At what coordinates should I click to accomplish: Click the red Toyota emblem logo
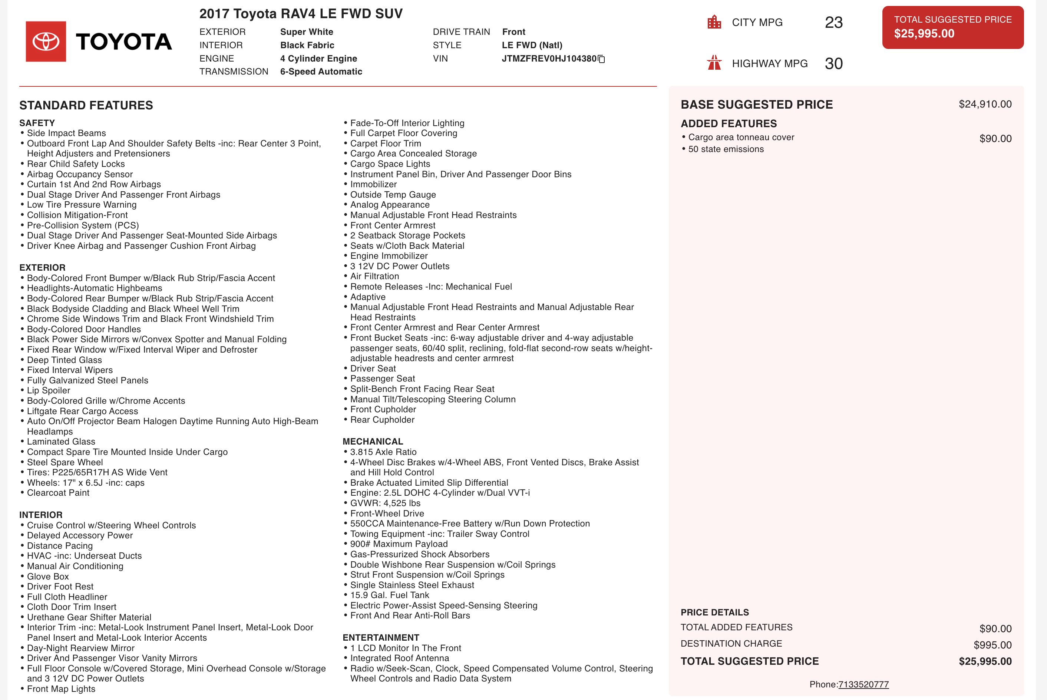pos(46,42)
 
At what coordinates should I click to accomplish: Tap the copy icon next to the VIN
pos(602,59)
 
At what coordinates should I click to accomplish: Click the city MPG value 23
pos(833,23)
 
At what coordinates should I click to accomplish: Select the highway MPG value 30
pos(833,64)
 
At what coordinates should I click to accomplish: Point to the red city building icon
pos(714,22)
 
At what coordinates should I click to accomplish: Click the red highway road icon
pos(714,63)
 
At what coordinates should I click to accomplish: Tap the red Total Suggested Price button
pos(952,27)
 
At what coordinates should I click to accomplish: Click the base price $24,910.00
pos(985,105)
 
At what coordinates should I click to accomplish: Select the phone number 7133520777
pos(863,684)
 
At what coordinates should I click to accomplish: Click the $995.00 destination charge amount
pos(992,645)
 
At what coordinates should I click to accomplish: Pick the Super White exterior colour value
pos(307,32)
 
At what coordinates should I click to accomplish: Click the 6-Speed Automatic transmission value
pos(321,72)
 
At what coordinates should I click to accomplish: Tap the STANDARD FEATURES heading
pos(86,105)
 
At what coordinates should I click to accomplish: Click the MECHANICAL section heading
pos(373,442)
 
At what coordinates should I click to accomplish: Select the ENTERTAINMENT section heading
pos(381,637)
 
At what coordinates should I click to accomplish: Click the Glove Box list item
pos(48,576)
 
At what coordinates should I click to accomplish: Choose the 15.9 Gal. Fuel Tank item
pos(389,595)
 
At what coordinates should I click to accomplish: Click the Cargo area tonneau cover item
pos(741,138)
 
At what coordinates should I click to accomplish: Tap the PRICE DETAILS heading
pos(714,612)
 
